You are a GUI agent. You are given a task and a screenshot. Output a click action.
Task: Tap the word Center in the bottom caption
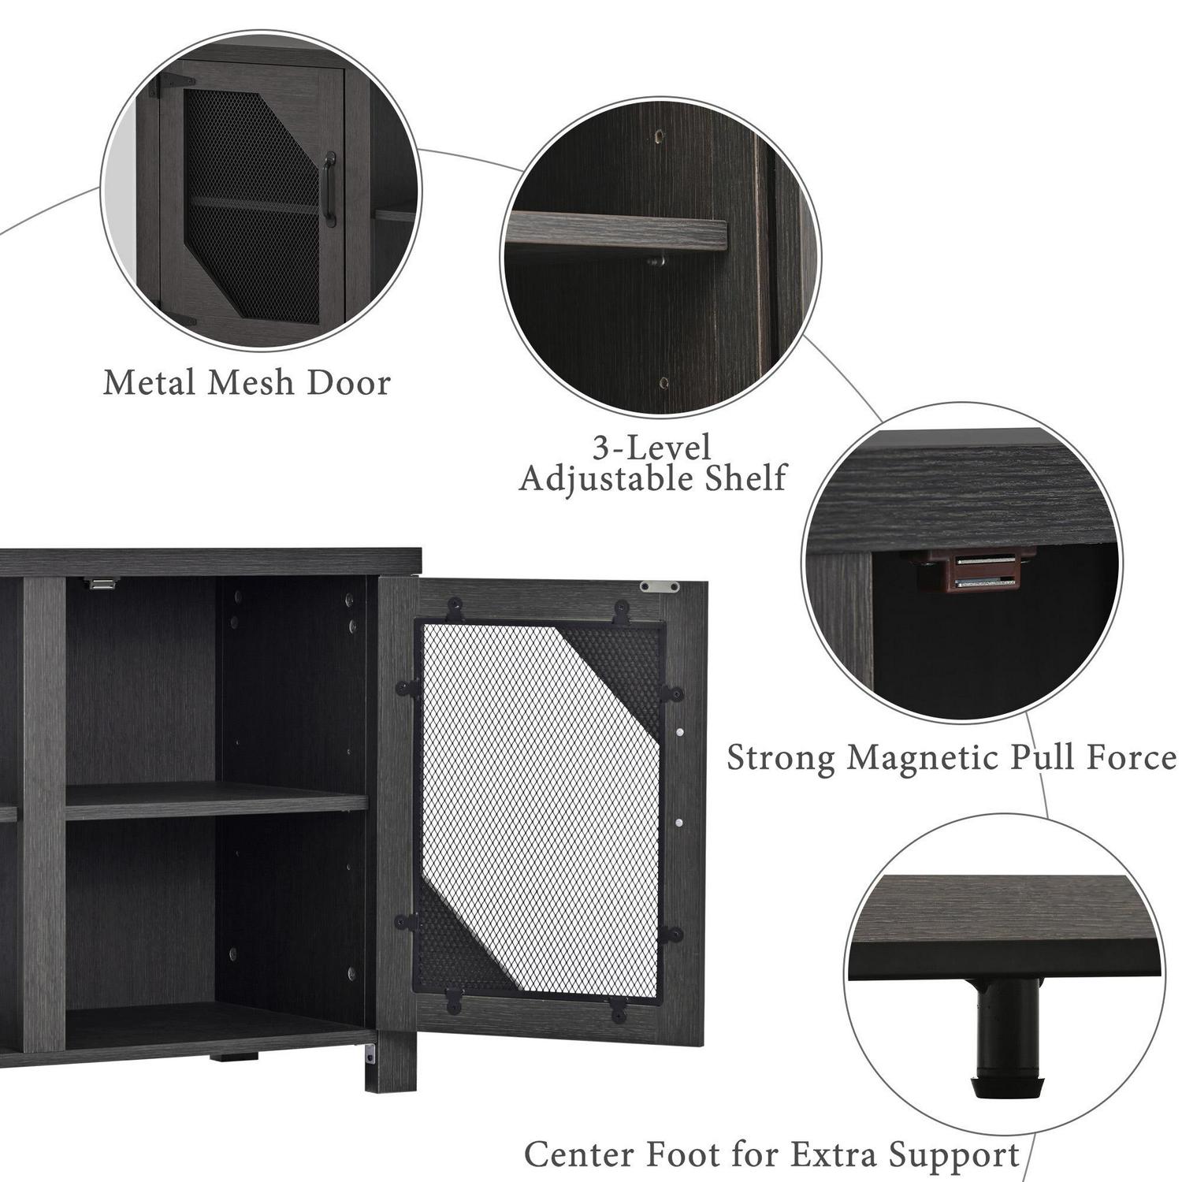pyautogui.click(x=581, y=1155)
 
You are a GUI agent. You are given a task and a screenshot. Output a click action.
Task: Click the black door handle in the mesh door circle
pyautogui.click(x=330, y=189)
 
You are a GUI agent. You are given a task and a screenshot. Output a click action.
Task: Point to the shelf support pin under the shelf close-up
pyautogui.click(x=656, y=260)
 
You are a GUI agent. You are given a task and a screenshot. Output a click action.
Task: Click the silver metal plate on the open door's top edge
pyautogui.click(x=659, y=586)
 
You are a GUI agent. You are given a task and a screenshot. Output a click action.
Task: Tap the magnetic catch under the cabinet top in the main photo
pyautogui.click(x=102, y=584)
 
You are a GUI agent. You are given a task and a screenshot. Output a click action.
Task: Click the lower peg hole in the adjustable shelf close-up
pyautogui.click(x=663, y=384)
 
